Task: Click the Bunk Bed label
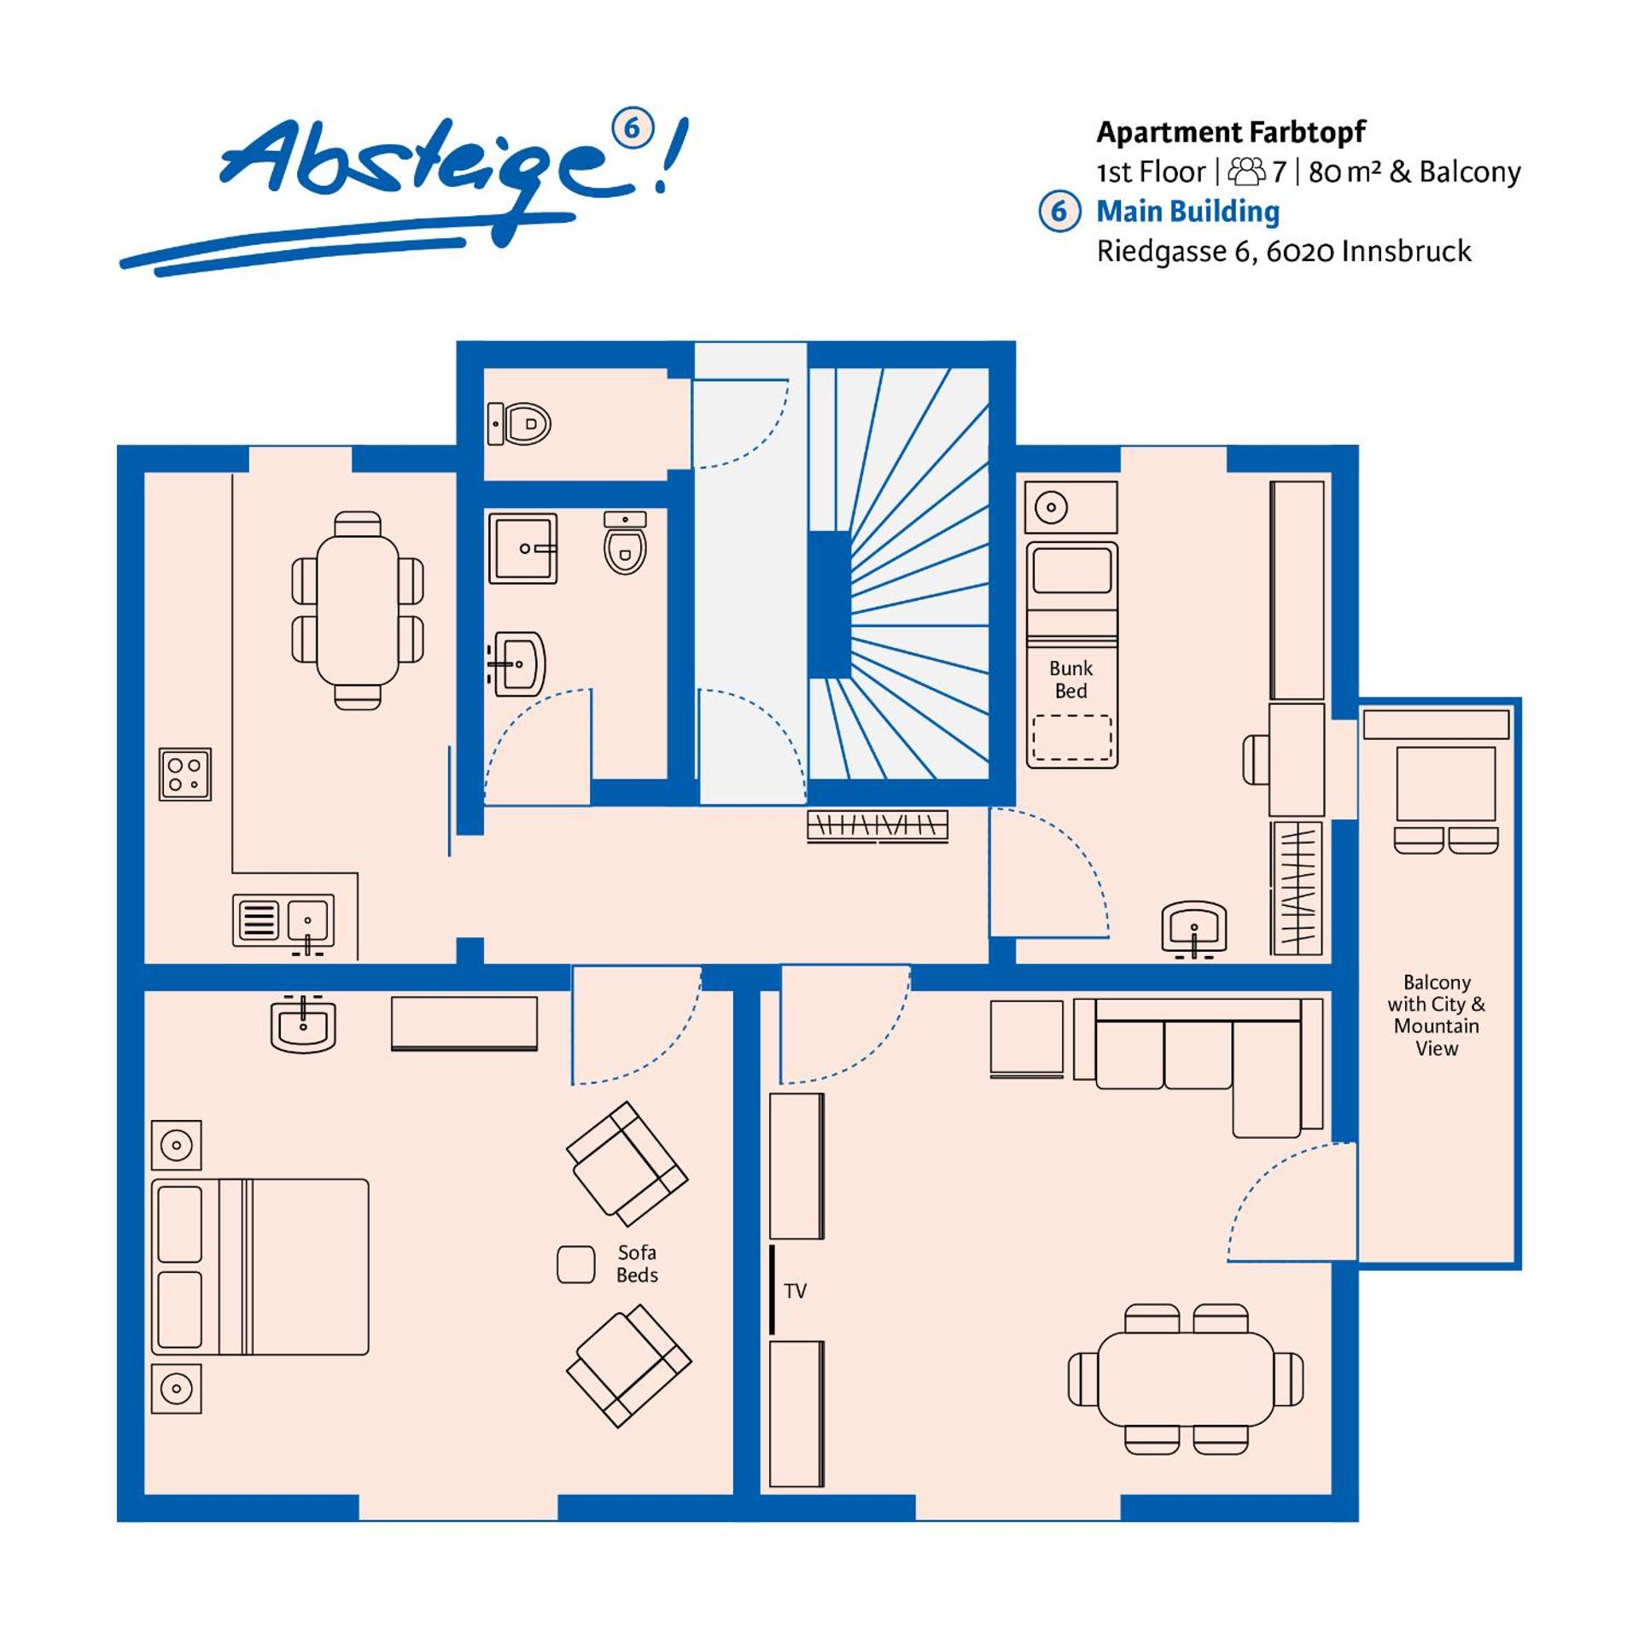1070,680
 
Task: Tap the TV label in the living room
795,1291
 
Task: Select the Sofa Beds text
637,1263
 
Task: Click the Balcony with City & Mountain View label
1436,1015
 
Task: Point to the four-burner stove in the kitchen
184,774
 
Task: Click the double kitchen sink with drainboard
283,920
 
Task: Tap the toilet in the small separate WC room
521,423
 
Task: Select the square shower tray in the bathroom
522,548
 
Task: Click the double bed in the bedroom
260,1267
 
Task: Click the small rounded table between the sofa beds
575,1264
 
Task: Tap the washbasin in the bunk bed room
1193,927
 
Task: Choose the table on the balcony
1445,784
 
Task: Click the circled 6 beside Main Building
1059,211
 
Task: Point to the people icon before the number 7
1246,172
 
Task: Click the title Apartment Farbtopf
1230,132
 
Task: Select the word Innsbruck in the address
1405,251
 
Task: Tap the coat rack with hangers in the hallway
878,826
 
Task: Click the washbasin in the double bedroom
303,1023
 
